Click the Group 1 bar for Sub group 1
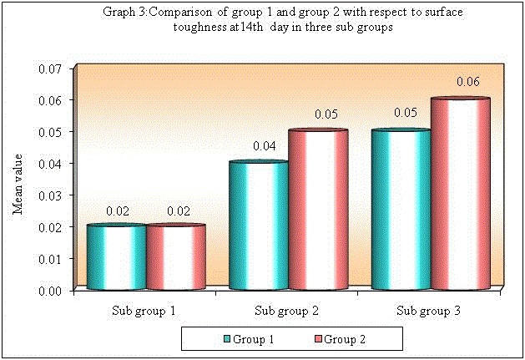click(117, 257)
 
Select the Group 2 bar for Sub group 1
click(175, 257)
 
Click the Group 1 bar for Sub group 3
click(401, 210)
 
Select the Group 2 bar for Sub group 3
click(460, 194)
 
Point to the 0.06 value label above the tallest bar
click(467, 83)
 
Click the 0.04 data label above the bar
click(264, 146)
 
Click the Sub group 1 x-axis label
click(144, 312)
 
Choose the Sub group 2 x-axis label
click(285, 312)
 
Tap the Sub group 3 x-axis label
click(428, 312)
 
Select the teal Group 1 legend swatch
click(226, 339)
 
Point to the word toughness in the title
click(204, 27)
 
